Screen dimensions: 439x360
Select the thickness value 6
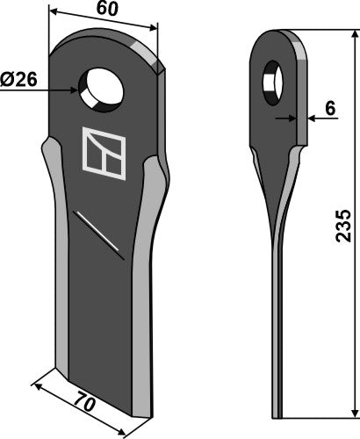click(x=330, y=109)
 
